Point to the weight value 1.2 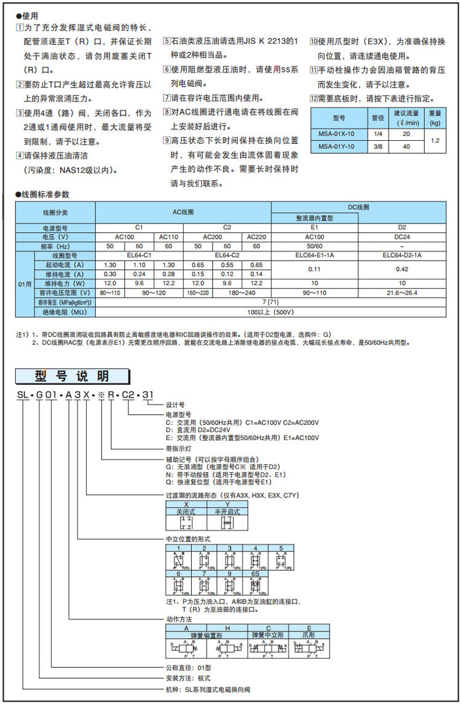435,140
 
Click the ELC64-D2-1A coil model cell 402,255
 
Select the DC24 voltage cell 402,236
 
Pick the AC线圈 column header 183,212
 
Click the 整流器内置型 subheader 314,218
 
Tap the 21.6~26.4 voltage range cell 402,293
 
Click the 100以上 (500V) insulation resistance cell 270,312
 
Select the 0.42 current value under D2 402,269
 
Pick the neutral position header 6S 255,573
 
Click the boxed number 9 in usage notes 166,140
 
